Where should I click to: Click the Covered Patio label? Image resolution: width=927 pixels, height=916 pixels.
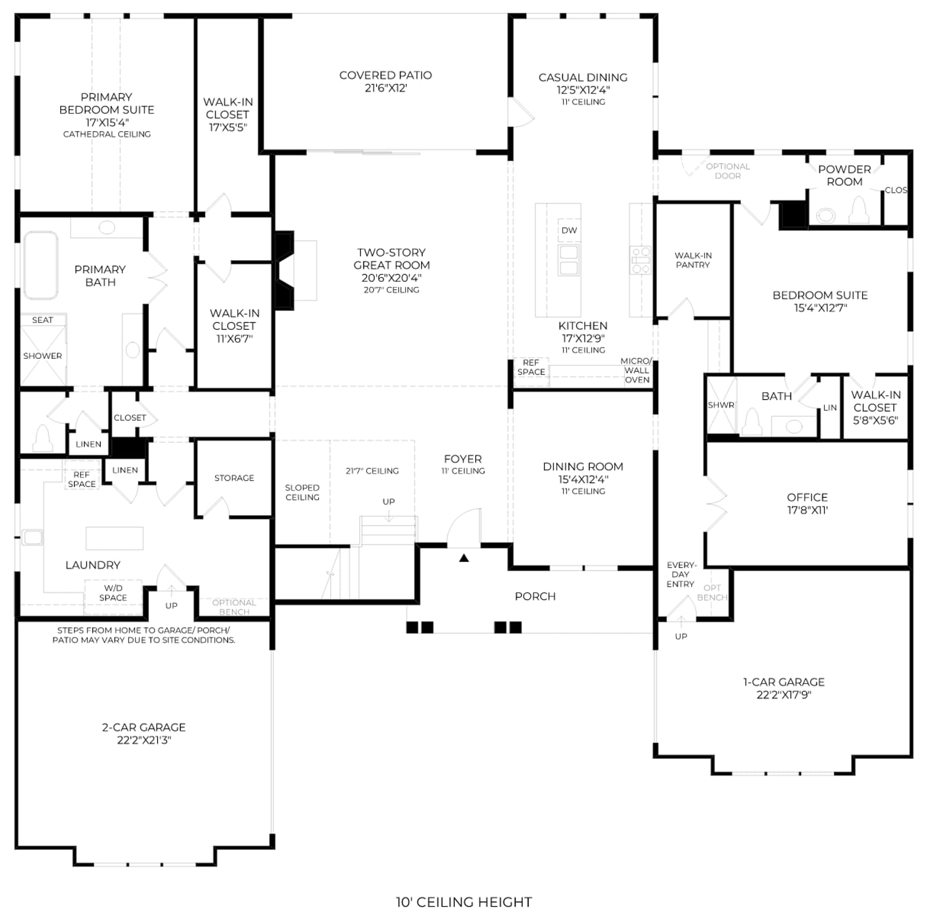coord(385,75)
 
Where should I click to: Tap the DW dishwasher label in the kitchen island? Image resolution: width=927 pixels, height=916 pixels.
coord(569,230)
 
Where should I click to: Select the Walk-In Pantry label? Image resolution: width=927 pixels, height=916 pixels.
coord(693,260)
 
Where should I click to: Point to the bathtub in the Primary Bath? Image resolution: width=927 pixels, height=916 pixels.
coord(40,266)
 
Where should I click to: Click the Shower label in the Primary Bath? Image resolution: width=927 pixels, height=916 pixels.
coord(42,356)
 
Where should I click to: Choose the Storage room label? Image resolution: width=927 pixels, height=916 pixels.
coord(234,478)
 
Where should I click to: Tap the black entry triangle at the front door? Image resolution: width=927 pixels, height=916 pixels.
coord(463,558)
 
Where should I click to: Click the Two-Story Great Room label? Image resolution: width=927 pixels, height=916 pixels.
coord(392,259)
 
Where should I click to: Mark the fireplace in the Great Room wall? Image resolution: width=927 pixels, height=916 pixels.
coord(284,270)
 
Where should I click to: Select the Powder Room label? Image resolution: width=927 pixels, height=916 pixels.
coord(844,175)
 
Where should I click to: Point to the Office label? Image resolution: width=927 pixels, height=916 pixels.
coord(807,497)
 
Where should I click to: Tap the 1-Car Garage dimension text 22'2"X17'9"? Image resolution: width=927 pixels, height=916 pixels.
coord(784,695)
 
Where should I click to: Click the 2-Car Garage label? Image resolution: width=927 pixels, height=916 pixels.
coord(144,727)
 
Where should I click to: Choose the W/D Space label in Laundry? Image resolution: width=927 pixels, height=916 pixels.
coord(113,593)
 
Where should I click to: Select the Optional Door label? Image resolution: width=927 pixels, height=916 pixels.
coord(728,171)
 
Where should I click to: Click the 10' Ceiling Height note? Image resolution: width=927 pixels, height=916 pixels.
coord(463,902)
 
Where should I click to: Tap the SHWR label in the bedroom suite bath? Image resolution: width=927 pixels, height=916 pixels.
coord(721,405)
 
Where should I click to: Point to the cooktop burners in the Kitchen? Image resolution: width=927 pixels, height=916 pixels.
coord(641,260)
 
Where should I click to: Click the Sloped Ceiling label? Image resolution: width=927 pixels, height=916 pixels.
coord(302,492)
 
